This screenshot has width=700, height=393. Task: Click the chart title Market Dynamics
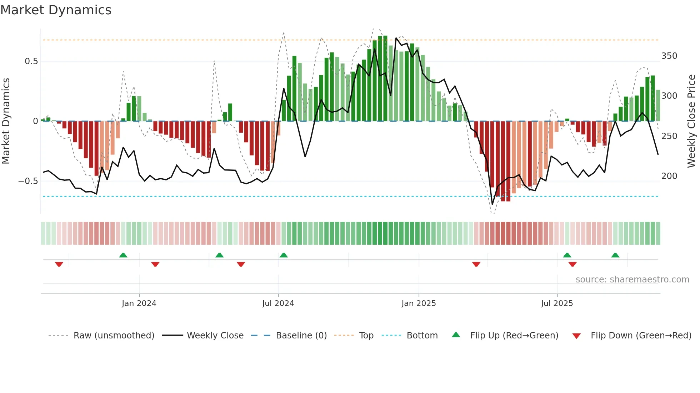(56, 10)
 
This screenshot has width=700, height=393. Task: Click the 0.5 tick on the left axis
(31, 61)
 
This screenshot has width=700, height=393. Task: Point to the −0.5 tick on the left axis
(28, 181)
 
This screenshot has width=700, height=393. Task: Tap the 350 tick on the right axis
(669, 56)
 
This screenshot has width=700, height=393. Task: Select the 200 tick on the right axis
(669, 176)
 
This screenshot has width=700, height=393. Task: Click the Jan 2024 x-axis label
(139, 303)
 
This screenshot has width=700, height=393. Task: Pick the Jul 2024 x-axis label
(278, 303)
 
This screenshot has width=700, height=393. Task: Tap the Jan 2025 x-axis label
(419, 303)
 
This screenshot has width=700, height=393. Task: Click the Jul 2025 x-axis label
(557, 303)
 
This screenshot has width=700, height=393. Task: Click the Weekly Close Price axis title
(691, 121)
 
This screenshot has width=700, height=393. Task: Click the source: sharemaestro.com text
(632, 280)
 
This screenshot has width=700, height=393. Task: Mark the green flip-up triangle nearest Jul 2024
(284, 255)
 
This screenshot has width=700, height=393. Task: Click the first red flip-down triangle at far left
(59, 264)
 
